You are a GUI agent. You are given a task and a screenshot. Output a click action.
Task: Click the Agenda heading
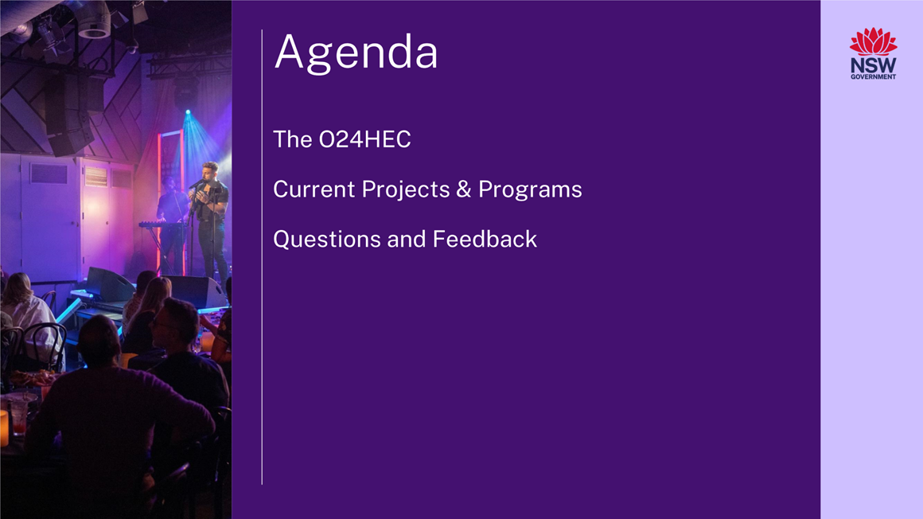356,53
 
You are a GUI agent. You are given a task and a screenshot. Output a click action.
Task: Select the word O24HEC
365,139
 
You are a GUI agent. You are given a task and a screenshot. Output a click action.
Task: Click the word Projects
406,190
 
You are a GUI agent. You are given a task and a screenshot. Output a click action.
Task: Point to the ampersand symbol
464,189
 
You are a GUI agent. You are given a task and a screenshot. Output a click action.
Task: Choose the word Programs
530,190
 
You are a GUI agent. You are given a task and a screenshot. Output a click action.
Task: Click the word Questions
327,239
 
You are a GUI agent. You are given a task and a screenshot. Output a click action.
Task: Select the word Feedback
485,239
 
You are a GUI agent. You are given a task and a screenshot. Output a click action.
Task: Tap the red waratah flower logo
873,41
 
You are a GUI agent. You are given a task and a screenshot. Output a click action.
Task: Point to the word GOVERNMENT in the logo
873,76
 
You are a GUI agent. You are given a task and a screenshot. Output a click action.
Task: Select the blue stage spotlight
188,111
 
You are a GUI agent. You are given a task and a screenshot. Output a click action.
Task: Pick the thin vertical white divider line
262,257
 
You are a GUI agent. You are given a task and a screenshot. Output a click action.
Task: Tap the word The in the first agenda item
293,139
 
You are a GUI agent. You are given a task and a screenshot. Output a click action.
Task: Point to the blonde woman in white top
29,318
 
